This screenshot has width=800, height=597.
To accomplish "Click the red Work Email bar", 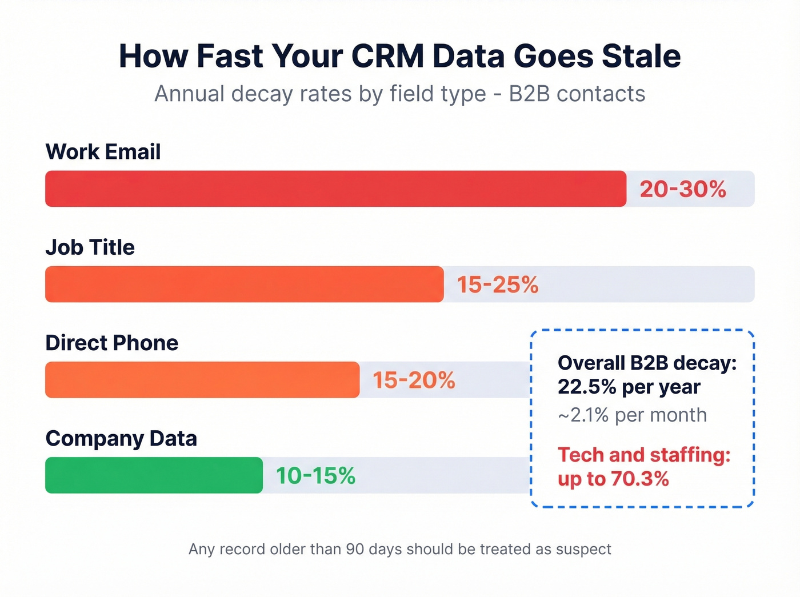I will click(335, 189).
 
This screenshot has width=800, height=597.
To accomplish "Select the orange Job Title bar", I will click(244, 284).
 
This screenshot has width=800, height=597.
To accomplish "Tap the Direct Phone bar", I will click(202, 379).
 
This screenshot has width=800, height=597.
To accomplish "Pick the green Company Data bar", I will click(154, 475).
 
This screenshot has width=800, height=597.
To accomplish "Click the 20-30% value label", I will click(683, 189).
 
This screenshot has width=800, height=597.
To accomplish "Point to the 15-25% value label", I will click(498, 285).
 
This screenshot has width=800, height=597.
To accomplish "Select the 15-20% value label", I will click(414, 380).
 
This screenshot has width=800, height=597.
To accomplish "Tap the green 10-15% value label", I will click(315, 475).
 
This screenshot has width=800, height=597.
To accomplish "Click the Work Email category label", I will click(103, 152).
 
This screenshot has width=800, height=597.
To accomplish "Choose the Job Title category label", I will click(90, 247).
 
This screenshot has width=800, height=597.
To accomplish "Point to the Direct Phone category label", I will click(111, 343).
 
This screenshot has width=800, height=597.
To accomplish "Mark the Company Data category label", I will click(121, 438).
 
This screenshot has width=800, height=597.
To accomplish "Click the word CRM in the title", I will click(387, 56).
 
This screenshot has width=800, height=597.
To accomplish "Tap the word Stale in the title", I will click(641, 56).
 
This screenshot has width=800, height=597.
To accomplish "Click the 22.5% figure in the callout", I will click(587, 387).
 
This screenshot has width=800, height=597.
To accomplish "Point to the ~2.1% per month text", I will click(632, 415).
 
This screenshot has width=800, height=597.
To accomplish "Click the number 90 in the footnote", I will click(355, 549).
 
